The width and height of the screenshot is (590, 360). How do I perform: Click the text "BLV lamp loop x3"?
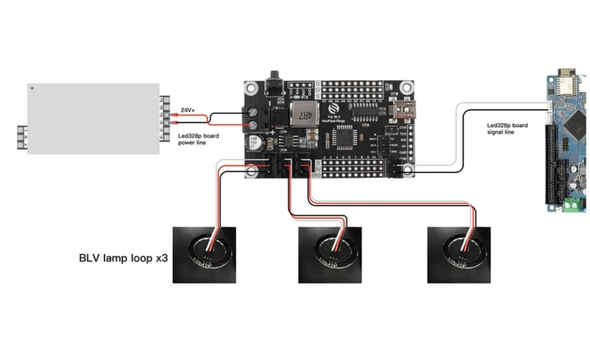click(x=123, y=257)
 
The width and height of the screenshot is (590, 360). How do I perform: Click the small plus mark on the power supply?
click(x=32, y=86)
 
